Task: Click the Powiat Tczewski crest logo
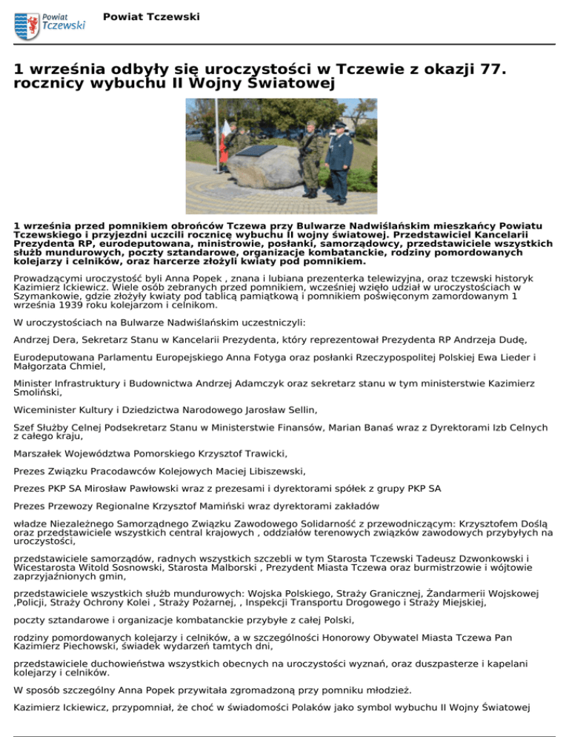pos(27,26)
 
